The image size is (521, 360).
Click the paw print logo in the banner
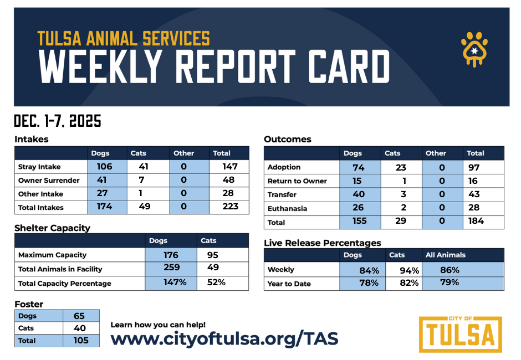click(x=474, y=49)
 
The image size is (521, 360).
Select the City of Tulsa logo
click(x=460, y=334)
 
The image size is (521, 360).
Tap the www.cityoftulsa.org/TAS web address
click(x=224, y=338)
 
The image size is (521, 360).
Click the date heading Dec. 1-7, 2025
click(x=58, y=121)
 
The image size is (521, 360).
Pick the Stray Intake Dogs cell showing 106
click(x=104, y=166)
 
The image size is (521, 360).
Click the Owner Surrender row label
click(x=49, y=181)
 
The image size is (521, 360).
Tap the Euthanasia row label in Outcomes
click(x=287, y=209)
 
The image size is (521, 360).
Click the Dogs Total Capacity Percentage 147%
click(x=171, y=282)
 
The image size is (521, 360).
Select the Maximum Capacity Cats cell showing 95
click(x=212, y=255)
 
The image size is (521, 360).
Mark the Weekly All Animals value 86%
click(x=450, y=270)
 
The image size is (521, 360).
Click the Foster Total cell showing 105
click(x=81, y=341)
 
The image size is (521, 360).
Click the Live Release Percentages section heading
click(x=322, y=243)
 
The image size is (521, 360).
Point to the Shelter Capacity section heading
click(x=52, y=228)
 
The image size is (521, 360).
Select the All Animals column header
click(x=446, y=255)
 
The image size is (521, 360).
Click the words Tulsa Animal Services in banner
click(x=124, y=38)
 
